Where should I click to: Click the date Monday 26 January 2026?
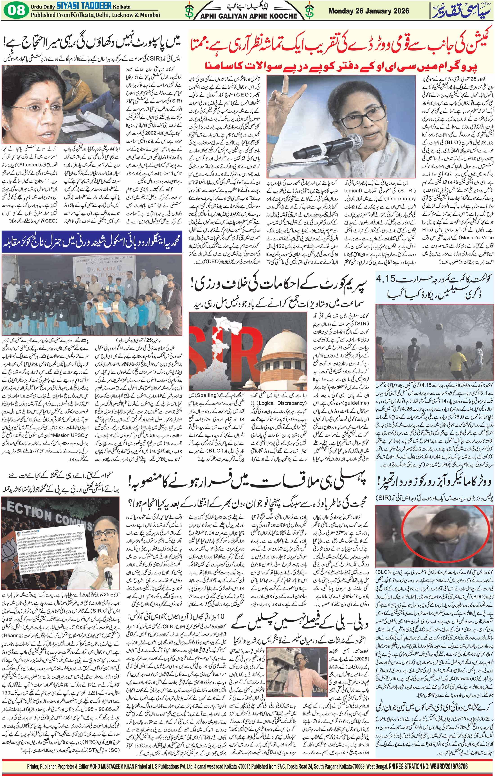point(369,11)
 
